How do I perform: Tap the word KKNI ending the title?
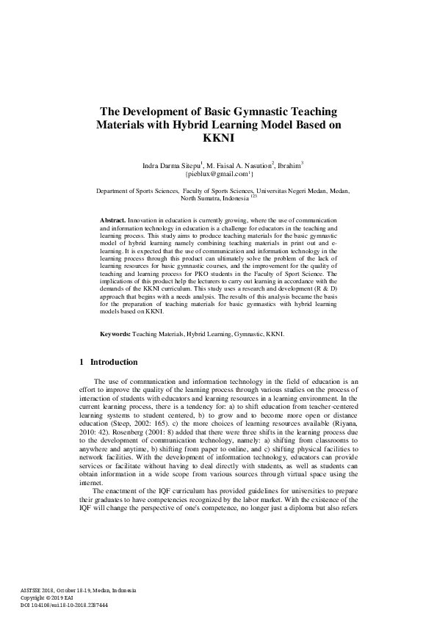[x=218, y=138]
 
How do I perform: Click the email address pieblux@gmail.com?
[x=218, y=175]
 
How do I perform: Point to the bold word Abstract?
[x=112, y=220]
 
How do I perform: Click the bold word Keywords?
[x=115, y=334]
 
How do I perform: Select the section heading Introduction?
[x=113, y=362]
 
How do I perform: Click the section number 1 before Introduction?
[x=81, y=362]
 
